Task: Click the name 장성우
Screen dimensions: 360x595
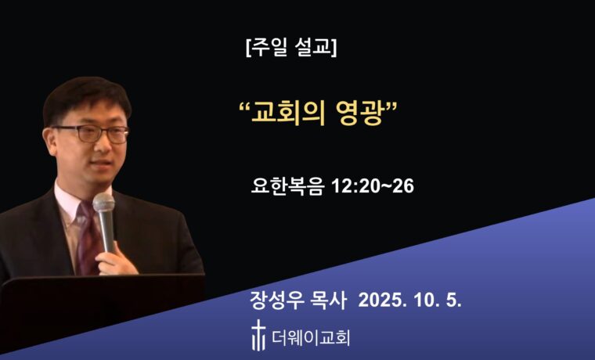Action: (x=274, y=301)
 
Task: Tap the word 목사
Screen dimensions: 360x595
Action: (x=330, y=301)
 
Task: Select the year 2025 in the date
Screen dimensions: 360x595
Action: (x=382, y=301)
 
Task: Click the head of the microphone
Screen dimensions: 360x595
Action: (x=103, y=205)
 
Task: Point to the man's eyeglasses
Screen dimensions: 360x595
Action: (x=93, y=132)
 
